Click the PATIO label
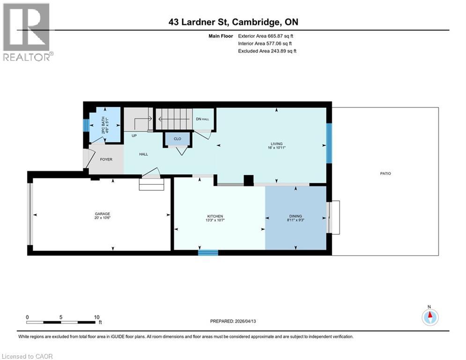pos(385,173)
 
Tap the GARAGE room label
pos(102,214)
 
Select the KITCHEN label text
pos(215,216)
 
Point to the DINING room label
pos(296,216)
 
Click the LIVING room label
pos(276,144)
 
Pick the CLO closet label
pos(178,139)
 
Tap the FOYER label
pos(106,159)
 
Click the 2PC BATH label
pos(104,125)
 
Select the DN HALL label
pos(202,119)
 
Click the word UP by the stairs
pos(134,135)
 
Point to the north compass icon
pos(430,317)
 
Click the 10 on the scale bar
pos(96,317)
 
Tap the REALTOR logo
pos(27,32)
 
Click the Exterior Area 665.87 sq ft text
pos(266,36)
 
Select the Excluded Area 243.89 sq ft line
pos(267,51)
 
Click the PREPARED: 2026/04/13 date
pos(233,321)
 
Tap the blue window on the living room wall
pos(329,143)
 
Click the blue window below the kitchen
pos(208,253)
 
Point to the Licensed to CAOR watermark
pos(27,356)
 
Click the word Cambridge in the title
pos(256,22)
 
